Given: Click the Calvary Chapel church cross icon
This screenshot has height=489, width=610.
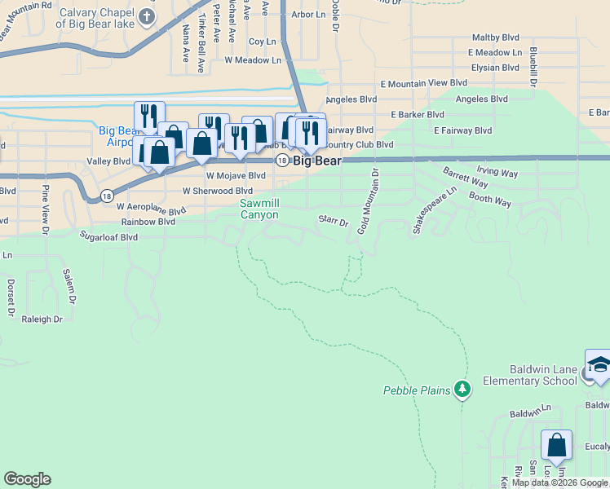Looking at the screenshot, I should [147, 16].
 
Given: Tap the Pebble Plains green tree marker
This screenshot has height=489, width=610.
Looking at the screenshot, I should [463, 390].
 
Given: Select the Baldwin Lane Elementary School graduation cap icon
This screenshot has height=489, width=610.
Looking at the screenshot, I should [599, 364].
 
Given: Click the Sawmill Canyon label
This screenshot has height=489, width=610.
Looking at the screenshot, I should [259, 209].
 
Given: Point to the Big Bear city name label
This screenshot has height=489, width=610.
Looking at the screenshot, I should [317, 161].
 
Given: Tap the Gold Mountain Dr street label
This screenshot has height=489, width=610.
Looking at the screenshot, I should [369, 200].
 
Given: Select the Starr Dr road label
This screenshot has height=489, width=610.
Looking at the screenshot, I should [333, 220].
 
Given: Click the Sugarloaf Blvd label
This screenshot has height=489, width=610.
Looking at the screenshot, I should [108, 237].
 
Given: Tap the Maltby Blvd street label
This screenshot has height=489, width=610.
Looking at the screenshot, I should [496, 37].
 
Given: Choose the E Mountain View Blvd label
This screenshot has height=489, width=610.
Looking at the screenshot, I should [423, 83].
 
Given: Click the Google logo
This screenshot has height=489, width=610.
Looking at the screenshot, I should [27, 479].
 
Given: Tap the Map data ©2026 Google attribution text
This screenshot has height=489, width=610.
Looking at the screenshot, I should [559, 482].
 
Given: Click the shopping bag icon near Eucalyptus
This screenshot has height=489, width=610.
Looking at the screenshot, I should [556, 445].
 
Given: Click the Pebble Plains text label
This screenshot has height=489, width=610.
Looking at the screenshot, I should [417, 390].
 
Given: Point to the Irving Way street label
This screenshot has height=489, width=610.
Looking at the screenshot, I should [497, 173].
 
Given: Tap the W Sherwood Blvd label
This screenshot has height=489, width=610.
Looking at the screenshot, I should [218, 191].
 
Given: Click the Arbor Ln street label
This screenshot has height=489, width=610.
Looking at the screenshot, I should [307, 15].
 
